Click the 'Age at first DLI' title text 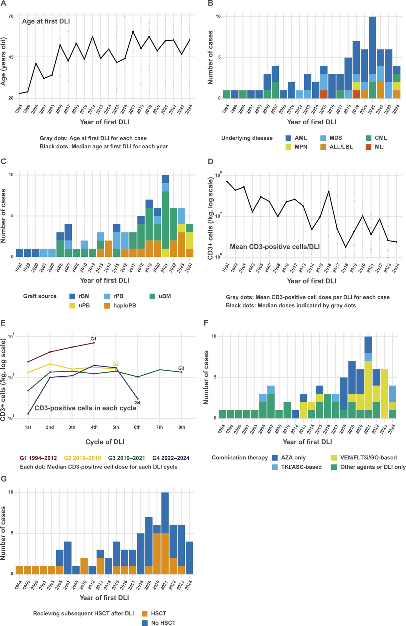pos(46,21)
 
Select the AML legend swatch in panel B pos(288,138)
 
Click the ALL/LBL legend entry pos(336,147)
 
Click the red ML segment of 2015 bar pos(324,94)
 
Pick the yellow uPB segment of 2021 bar pos(165,253)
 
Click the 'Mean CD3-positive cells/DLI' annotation pos(275,247)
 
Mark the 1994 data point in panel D pos(227,182)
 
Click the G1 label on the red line pos(94,339)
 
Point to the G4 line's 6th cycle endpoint pos(137,399)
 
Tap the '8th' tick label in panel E pos(182,427)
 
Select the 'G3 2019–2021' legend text pos(126,458)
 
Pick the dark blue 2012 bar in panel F pos(295,414)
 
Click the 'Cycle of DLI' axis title pos(105,442)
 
